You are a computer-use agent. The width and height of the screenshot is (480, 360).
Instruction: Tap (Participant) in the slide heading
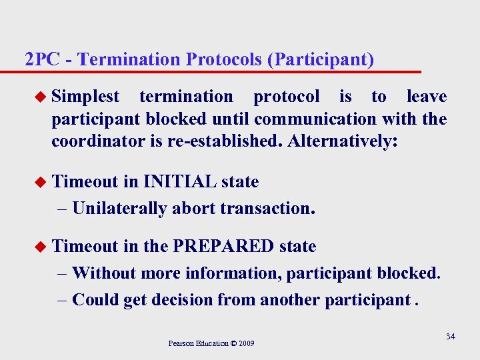click(320, 59)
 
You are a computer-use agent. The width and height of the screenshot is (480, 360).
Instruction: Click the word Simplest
click(85, 97)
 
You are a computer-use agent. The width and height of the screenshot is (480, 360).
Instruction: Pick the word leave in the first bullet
click(427, 97)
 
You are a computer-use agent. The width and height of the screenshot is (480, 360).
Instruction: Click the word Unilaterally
click(119, 208)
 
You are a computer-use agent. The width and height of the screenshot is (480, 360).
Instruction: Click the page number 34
click(451, 337)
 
